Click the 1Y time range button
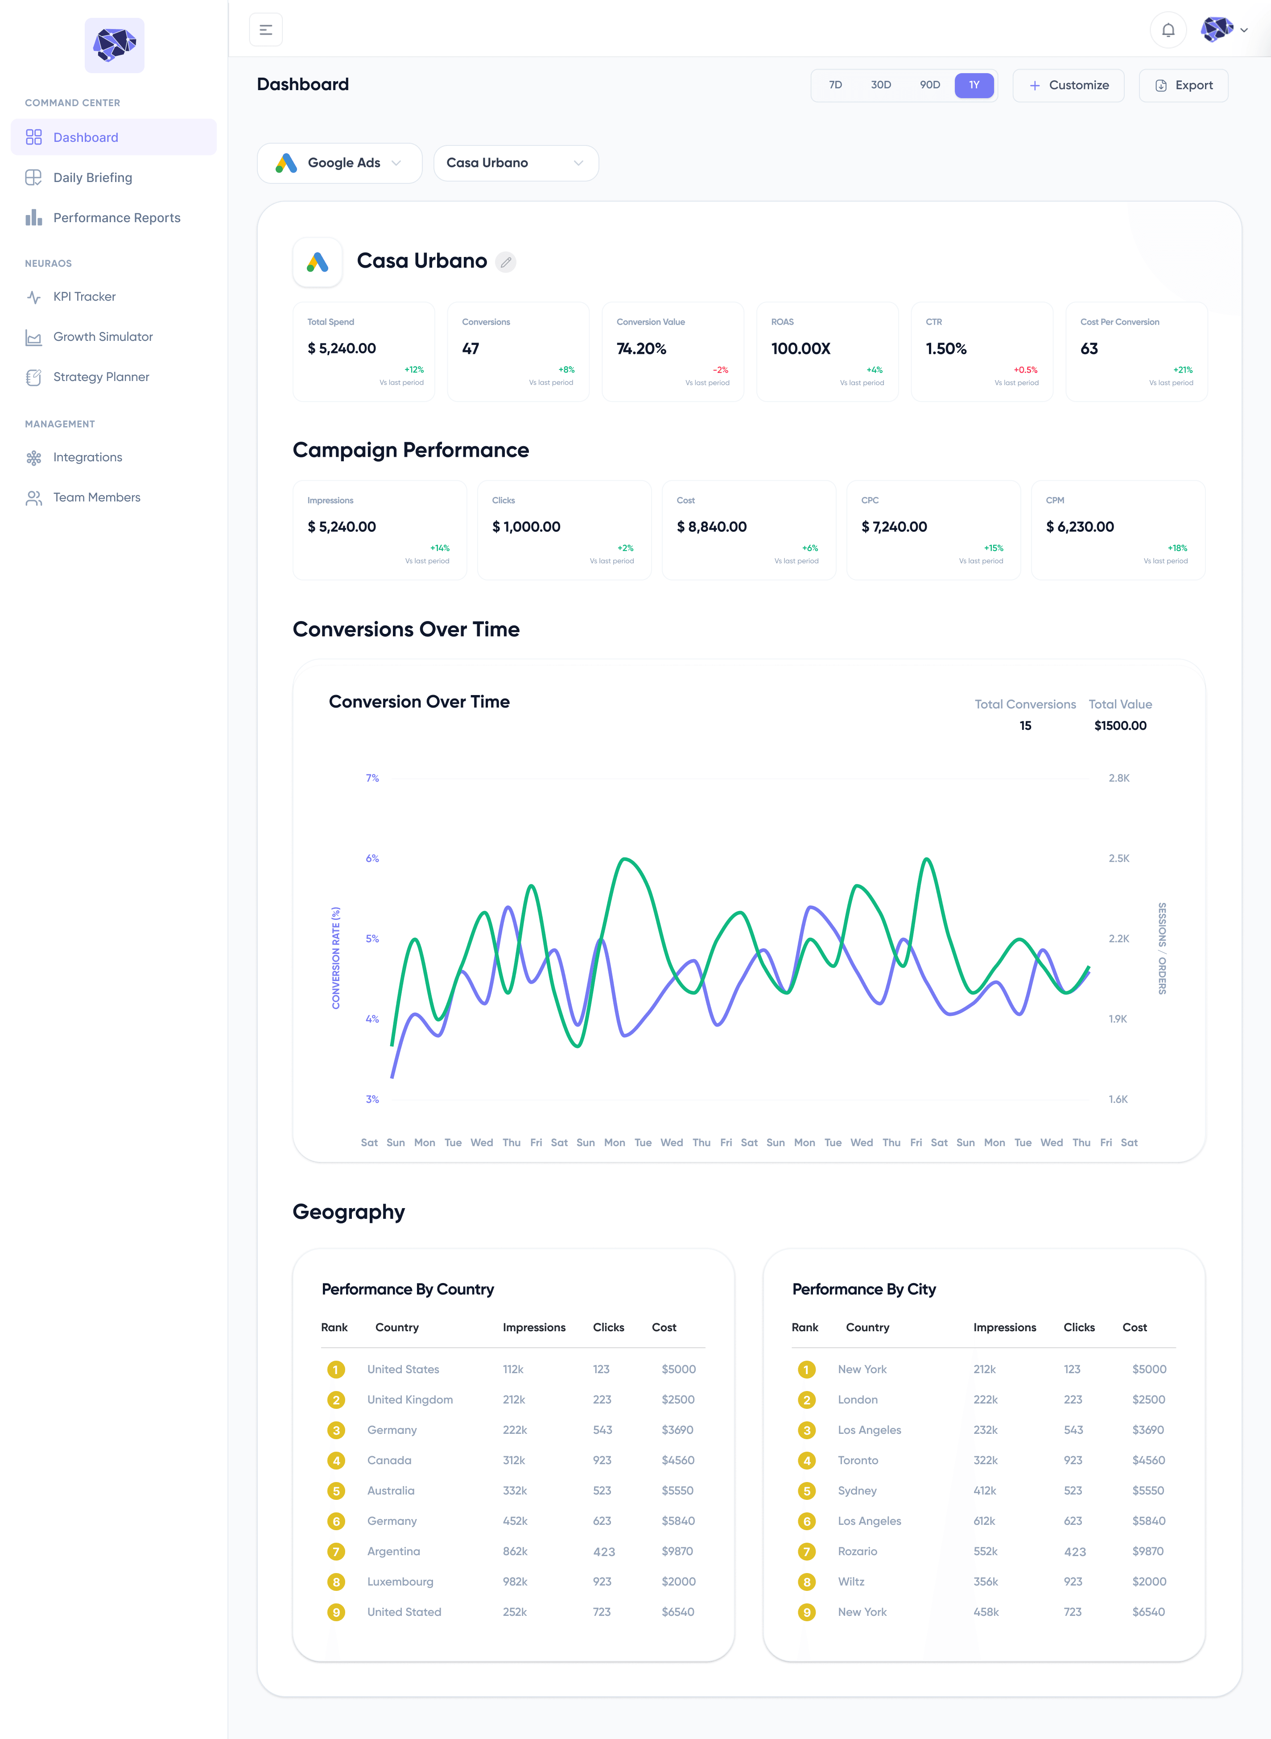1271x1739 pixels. pyautogui.click(x=974, y=85)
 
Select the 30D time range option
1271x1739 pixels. pyautogui.click(x=881, y=85)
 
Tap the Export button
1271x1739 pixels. pyautogui.click(x=1183, y=85)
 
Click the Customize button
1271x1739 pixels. pyautogui.click(x=1069, y=85)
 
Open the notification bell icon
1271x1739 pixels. pyautogui.click(x=1168, y=30)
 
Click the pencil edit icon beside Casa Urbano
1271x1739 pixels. pyautogui.click(x=505, y=262)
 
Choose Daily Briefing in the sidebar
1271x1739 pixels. pyautogui.click(x=92, y=178)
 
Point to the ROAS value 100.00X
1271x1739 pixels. pyautogui.click(x=801, y=348)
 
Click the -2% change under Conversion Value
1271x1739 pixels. pyautogui.click(x=721, y=370)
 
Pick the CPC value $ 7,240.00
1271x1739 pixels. pyautogui.click(x=894, y=527)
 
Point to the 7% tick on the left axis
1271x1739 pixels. pyautogui.click(x=372, y=778)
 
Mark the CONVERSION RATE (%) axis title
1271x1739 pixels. pyautogui.click(x=335, y=958)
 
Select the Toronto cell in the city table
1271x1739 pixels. pyautogui.click(x=858, y=1461)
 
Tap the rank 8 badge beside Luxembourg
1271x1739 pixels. pyautogui.click(x=336, y=1582)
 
